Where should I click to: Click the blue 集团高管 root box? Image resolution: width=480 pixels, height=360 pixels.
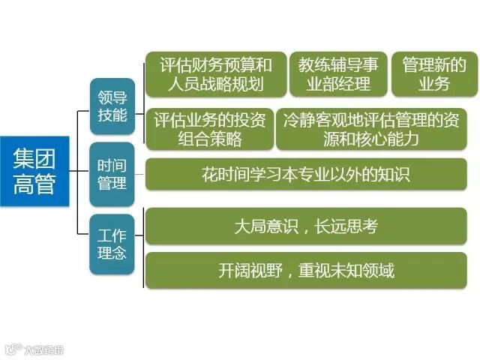35,171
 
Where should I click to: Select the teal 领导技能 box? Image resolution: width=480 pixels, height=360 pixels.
112,106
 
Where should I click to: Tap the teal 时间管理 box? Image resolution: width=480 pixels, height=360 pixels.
112,174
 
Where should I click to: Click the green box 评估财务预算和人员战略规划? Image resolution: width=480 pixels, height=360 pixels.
215,74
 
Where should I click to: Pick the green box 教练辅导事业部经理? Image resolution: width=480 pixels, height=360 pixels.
338,74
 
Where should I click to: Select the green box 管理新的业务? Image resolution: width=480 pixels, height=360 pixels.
434,74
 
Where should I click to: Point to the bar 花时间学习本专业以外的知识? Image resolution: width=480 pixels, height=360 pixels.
305,175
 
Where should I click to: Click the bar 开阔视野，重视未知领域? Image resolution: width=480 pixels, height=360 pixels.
305,270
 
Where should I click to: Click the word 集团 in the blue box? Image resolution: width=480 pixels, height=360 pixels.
35,158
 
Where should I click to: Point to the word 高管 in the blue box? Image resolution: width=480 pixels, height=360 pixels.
35,184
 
